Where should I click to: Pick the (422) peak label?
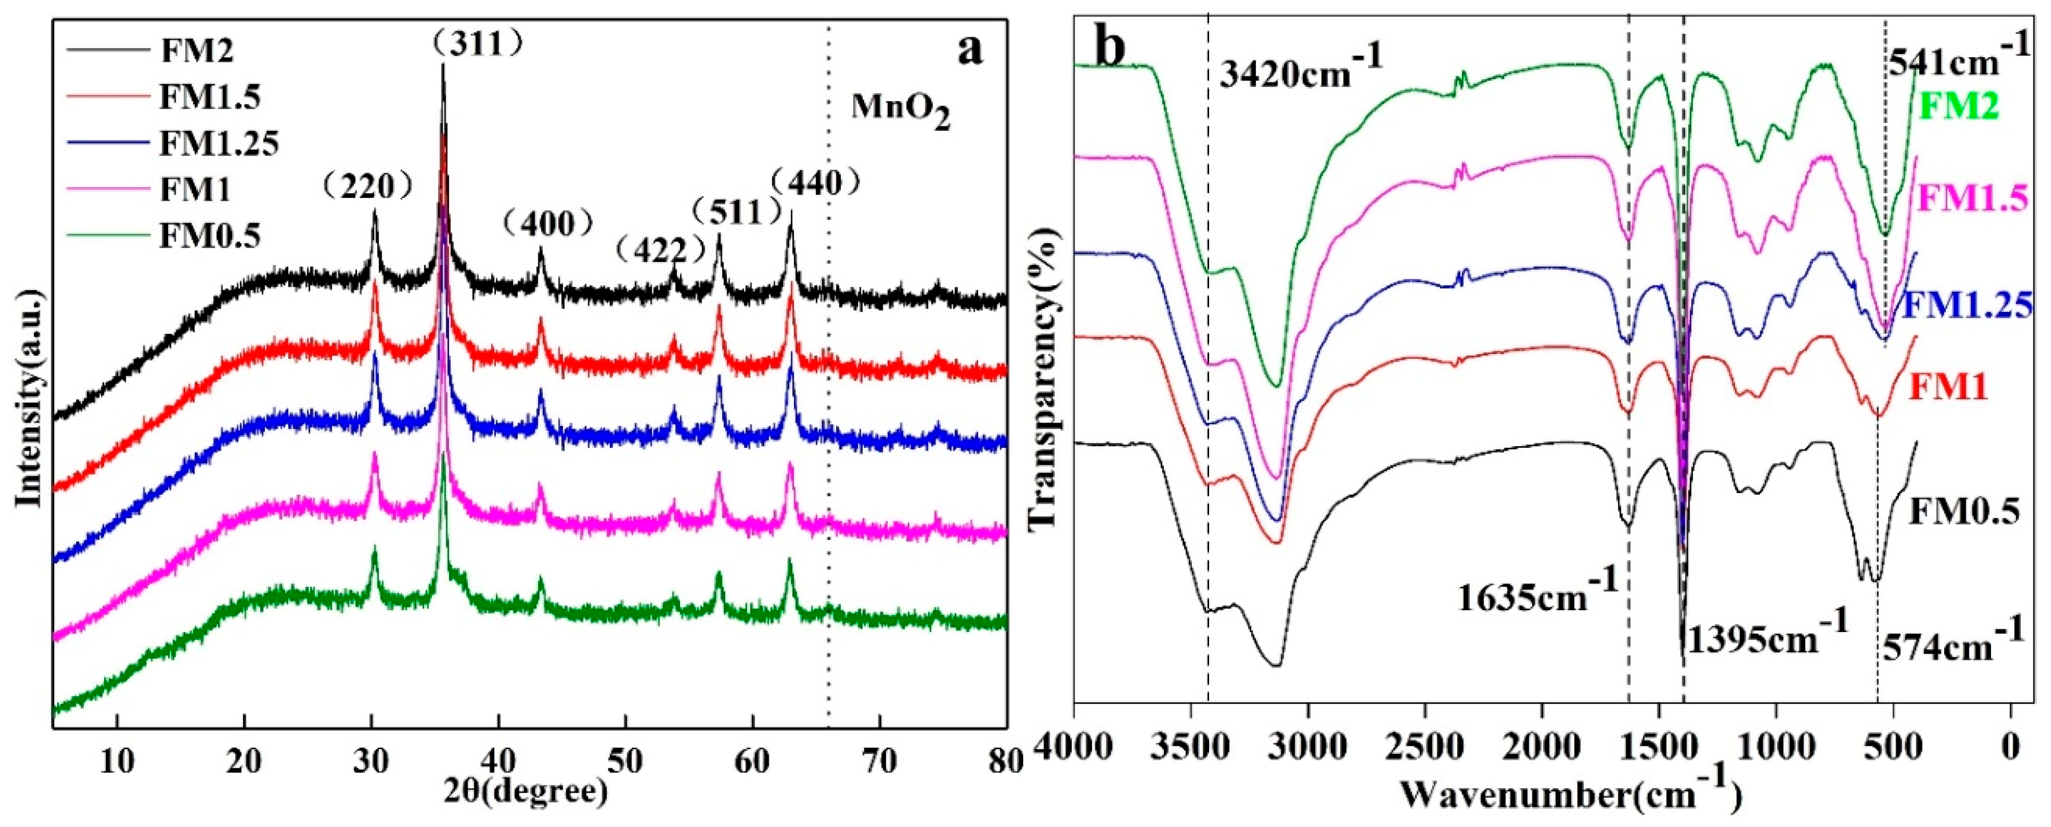coord(661,252)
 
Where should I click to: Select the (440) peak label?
coord(817,184)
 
